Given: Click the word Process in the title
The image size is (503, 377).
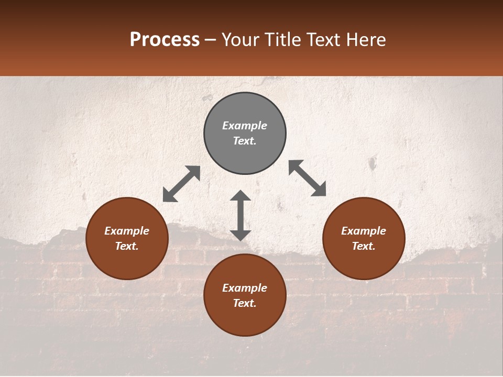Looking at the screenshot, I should [165, 40].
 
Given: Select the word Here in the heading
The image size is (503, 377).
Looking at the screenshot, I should [366, 40].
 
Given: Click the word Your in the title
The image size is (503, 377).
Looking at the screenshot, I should [241, 40].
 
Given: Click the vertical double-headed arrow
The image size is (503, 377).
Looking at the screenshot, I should [240, 215].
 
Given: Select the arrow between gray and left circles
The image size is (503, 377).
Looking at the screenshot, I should [181, 184].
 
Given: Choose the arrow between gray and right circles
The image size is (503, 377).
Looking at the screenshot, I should [308, 179].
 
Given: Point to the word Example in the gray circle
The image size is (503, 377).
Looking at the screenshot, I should [245, 126].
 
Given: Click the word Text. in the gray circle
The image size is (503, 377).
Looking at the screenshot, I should [245, 141].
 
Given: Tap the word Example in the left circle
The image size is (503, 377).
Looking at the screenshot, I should [127, 231].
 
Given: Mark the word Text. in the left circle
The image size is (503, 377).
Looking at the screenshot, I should [127, 246].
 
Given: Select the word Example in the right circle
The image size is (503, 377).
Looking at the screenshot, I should [364, 231].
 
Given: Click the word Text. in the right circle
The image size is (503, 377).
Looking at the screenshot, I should [364, 246].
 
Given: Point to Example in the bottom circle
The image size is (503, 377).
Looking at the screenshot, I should [245, 288].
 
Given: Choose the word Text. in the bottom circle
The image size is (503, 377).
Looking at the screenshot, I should [245, 303].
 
